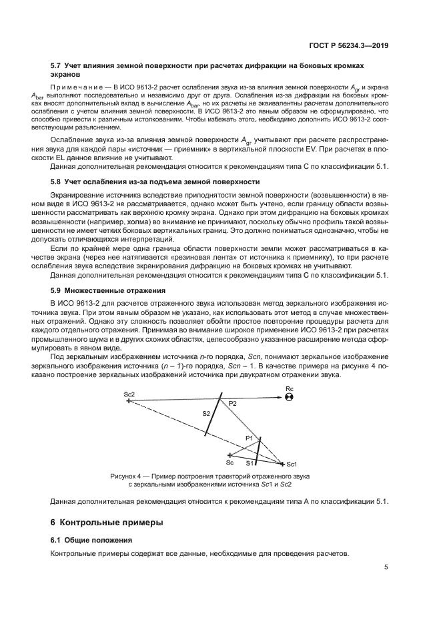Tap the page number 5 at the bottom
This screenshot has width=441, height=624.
[386, 568]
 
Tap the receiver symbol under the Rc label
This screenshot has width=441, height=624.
[289, 398]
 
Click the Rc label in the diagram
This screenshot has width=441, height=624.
[289, 388]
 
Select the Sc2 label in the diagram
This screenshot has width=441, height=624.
[129, 394]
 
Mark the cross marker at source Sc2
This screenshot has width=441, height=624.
[127, 401]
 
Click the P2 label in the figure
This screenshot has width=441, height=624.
[232, 404]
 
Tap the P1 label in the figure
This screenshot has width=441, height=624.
[250, 438]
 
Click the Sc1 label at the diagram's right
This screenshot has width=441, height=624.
[292, 464]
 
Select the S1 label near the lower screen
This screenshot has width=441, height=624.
[250, 462]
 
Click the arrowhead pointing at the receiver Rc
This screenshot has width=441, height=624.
[279, 398]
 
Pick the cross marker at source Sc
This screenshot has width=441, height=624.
[230, 455]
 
